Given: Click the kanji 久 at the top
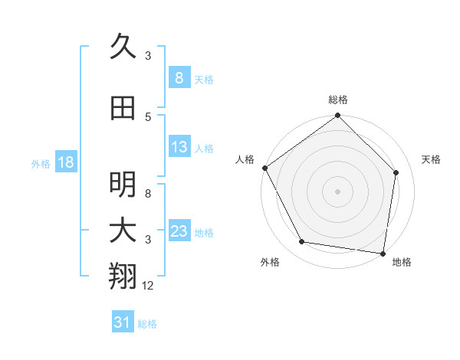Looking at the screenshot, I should click(x=123, y=47).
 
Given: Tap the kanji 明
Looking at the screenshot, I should click(x=123, y=184).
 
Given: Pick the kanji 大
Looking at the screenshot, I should click(x=123, y=231).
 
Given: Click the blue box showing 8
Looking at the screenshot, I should click(x=179, y=78).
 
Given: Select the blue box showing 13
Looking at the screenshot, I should click(x=179, y=147).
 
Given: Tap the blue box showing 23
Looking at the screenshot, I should click(x=179, y=231).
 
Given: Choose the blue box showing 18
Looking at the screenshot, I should click(x=65, y=162).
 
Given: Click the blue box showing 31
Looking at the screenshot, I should click(x=122, y=323).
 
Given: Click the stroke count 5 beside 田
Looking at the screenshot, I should click(x=148, y=116).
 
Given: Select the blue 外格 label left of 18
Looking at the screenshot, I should click(x=41, y=163).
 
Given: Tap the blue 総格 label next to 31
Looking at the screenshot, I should click(x=147, y=324).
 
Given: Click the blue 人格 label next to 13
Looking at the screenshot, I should click(x=204, y=148).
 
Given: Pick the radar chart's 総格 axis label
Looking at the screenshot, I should click(x=337, y=100).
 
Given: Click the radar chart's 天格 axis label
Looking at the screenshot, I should click(x=432, y=159).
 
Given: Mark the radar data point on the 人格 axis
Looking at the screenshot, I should click(x=264, y=168).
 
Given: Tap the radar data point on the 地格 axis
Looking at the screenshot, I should click(x=383, y=254).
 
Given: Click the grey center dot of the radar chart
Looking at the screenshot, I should click(x=337, y=191).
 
